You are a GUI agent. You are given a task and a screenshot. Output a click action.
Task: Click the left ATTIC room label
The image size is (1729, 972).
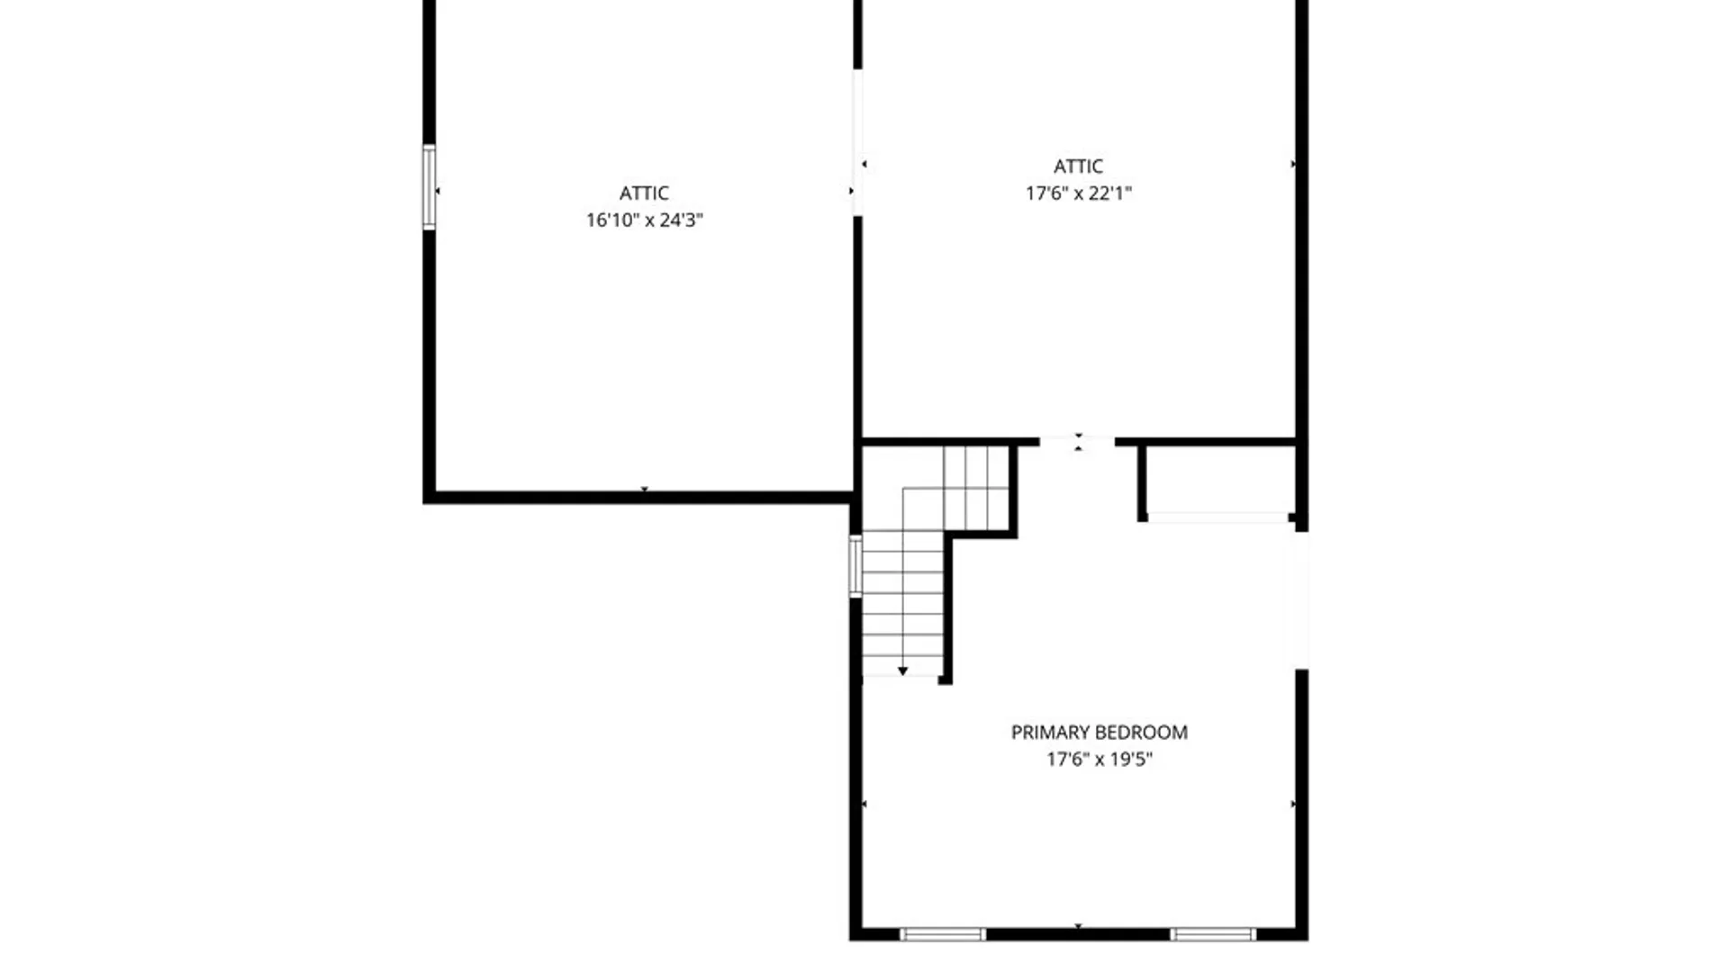tap(644, 193)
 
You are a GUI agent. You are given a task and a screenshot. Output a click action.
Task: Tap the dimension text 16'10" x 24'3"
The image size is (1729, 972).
tap(645, 220)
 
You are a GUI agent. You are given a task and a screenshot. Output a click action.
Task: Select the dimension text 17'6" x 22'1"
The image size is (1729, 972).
tap(1079, 193)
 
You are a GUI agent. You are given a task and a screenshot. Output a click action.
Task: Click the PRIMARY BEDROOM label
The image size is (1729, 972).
tap(1100, 733)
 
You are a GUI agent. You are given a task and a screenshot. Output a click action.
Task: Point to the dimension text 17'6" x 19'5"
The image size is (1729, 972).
tap(1100, 759)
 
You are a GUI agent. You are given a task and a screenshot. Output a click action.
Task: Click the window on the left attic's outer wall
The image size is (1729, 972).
tap(430, 187)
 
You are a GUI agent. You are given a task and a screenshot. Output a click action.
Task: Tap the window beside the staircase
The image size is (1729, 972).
tap(855, 565)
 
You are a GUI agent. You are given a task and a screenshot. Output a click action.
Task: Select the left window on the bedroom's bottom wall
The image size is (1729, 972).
tap(943, 934)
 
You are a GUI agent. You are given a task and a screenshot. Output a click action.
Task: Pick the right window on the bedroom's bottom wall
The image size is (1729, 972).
tap(1213, 934)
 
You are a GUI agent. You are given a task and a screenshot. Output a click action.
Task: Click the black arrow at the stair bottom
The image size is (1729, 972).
tap(902, 671)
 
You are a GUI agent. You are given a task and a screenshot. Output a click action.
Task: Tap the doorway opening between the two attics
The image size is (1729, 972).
tap(857, 142)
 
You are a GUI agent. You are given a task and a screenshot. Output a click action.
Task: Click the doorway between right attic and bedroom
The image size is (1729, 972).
tap(1077, 442)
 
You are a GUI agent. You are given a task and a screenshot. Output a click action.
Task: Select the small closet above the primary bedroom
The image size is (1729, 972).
tap(1219, 481)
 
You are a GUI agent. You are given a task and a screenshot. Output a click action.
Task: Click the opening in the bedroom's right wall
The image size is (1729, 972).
tap(1301, 600)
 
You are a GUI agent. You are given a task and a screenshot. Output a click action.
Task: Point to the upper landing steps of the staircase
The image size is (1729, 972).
tap(976, 488)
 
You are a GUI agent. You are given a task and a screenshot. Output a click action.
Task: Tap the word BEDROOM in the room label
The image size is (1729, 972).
tap(1145, 733)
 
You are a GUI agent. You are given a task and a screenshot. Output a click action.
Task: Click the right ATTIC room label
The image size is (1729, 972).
tap(1078, 166)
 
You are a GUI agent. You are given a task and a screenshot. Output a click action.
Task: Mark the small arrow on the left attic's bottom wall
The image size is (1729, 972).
tap(644, 490)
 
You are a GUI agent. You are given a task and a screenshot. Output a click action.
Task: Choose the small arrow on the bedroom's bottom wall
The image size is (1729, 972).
tap(1078, 925)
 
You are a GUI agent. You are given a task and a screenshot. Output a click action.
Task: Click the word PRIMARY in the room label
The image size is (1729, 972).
tap(1053, 733)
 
